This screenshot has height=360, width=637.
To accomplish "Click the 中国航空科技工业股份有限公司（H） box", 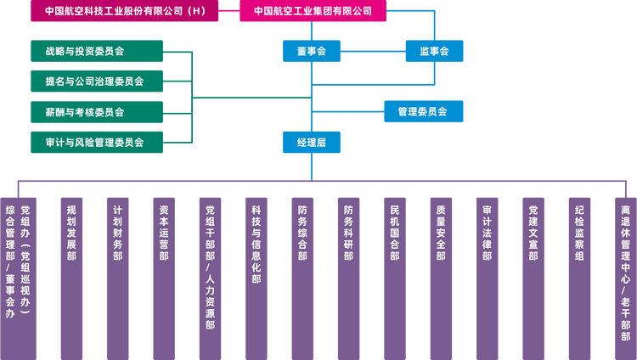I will [x=125, y=11].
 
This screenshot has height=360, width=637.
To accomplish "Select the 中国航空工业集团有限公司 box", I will [x=313, y=11].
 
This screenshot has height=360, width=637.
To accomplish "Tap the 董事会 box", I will [x=312, y=51].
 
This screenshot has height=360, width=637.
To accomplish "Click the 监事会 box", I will [x=434, y=51].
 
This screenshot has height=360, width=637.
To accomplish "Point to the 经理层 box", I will [x=312, y=143].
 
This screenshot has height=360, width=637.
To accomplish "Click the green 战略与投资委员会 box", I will [x=97, y=51].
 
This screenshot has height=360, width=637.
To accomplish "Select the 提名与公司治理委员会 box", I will [x=97, y=82].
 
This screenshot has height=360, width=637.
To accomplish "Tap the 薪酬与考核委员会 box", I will [x=97, y=112].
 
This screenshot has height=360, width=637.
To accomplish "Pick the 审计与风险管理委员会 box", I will [x=97, y=142].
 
